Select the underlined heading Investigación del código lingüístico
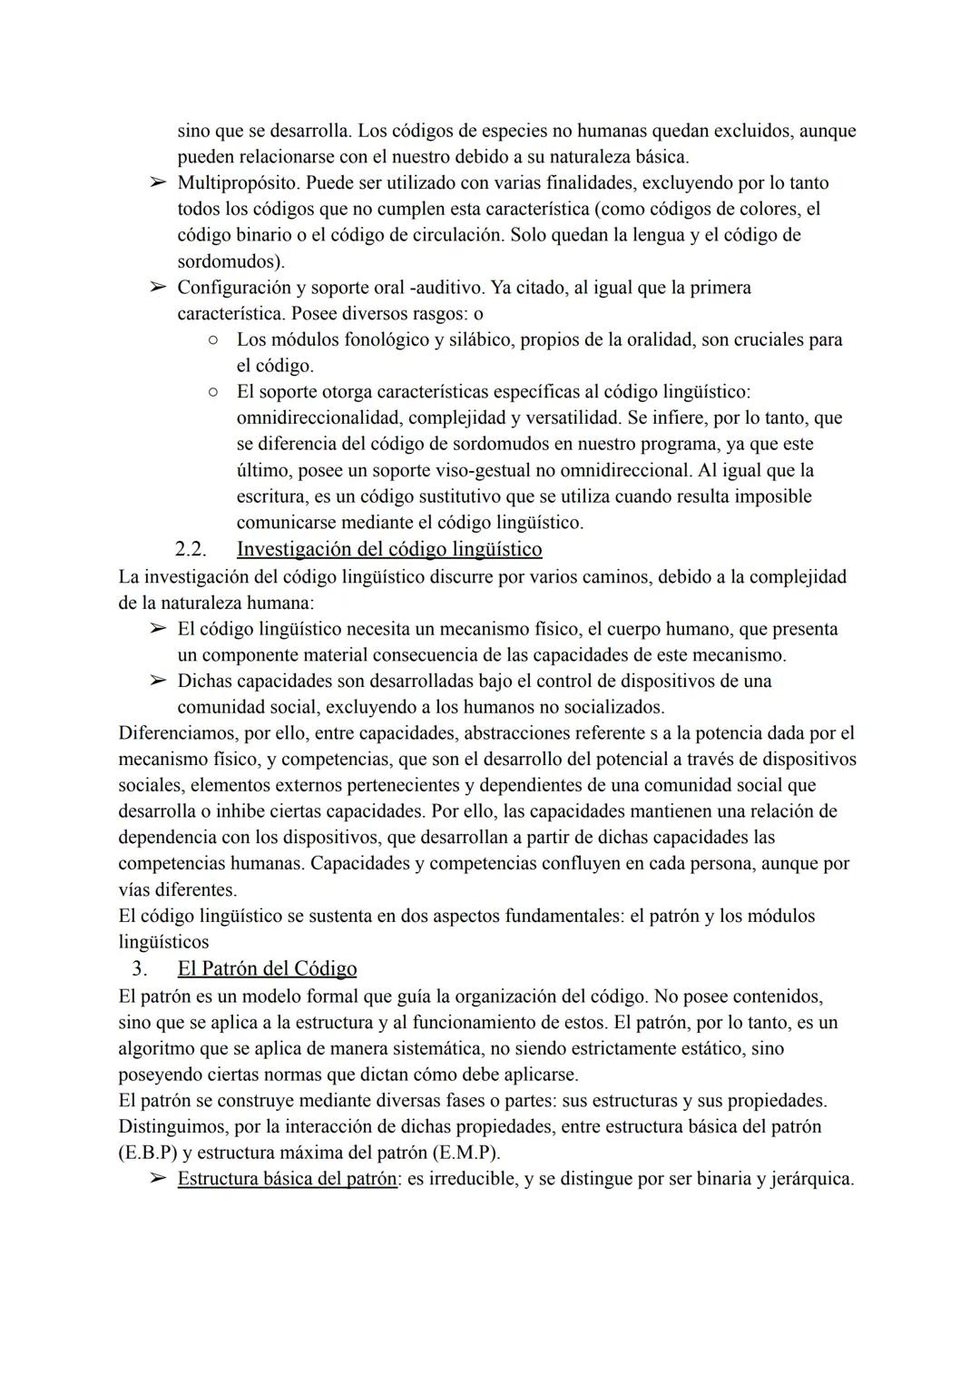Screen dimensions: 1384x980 click(x=388, y=549)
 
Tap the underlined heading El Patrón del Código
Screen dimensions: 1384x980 click(x=267, y=968)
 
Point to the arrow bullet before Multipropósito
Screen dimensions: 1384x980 click(x=158, y=183)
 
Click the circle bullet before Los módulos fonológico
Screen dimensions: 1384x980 click(x=211, y=340)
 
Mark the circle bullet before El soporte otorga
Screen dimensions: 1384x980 click(x=211, y=393)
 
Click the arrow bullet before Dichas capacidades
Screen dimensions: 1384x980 click(x=158, y=681)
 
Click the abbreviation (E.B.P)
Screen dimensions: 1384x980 click(x=148, y=1153)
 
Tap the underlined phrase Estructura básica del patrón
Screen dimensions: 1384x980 click(x=287, y=1180)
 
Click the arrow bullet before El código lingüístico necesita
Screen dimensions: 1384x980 click(x=158, y=629)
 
